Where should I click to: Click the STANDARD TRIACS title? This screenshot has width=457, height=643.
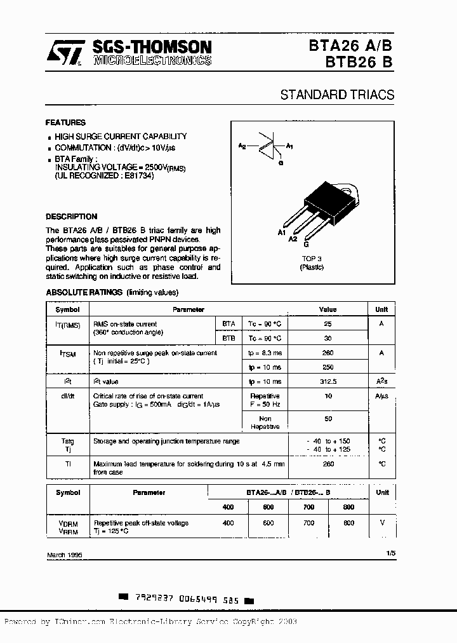tap(337, 95)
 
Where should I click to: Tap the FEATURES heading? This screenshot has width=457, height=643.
tap(65, 123)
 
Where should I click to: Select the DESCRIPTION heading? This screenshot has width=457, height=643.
tap(72, 217)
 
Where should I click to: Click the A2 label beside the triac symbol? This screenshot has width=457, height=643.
tap(242, 146)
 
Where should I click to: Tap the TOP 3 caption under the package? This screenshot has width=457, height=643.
tap(312, 259)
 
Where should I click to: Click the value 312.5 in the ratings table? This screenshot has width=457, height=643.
tap(328, 381)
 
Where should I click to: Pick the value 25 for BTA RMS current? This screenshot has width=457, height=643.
tap(328, 323)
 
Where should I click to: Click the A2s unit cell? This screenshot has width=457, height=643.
tap(381, 381)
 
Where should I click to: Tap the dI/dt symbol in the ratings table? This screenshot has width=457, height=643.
tap(67, 396)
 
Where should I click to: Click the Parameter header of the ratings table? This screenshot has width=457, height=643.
tap(189, 309)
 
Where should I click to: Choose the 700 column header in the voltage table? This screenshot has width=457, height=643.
tap(308, 507)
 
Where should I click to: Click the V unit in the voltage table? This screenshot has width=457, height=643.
tap(381, 523)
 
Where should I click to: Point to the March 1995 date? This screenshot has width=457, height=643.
tap(64, 555)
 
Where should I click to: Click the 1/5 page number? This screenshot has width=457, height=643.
tap(390, 553)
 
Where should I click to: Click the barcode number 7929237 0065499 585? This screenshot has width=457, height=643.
tap(187, 598)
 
